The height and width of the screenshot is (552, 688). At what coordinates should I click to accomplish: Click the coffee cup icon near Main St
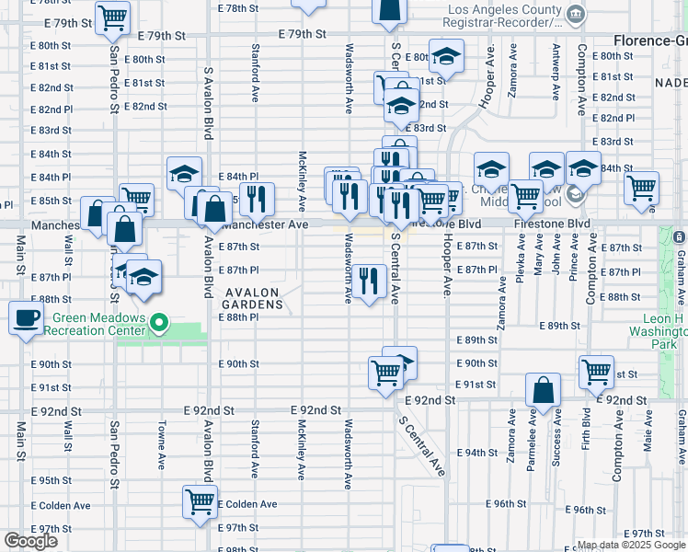(x=26, y=319)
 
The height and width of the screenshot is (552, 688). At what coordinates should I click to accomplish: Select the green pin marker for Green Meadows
(x=160, y=323)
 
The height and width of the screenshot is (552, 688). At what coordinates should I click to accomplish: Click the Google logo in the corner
(x=30, y=541)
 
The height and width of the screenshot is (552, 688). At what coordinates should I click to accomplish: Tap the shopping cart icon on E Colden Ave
(x=200, y=502)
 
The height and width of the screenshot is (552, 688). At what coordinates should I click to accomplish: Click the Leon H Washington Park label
(x=655, y=330)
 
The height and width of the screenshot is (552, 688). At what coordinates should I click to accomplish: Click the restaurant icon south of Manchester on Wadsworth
(x=369, y=281)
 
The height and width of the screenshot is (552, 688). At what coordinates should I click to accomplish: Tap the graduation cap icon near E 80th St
(x=446, y=59)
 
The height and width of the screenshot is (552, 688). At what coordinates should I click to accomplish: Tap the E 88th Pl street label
(x=238, y=316)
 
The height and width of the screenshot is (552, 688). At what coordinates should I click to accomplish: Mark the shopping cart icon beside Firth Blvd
(x=596, y=372)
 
